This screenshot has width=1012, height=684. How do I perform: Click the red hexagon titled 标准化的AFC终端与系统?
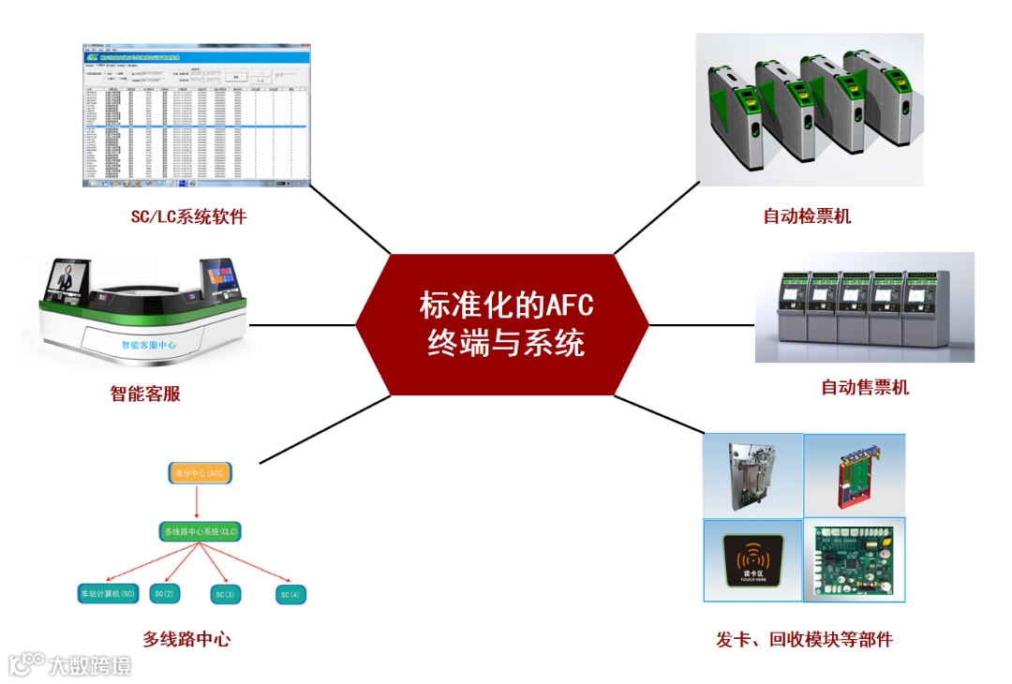tap(502, 324)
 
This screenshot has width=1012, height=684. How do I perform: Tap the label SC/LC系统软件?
tap(188, 217)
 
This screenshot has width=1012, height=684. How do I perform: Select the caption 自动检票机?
tap(807, 216)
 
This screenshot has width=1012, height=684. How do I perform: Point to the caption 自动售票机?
tap(864, 387)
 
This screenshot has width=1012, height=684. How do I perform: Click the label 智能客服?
tap(145, 394)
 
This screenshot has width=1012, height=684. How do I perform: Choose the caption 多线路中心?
tap(186, 639)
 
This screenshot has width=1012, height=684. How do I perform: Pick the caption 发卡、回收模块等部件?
tap(804, 640)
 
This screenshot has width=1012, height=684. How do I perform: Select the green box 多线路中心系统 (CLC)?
tap(201, 531)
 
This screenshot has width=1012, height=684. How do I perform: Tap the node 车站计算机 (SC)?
tap(109, 594)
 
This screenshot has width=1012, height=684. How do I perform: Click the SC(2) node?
tap(166, 594)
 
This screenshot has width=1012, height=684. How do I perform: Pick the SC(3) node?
tap(225, 594)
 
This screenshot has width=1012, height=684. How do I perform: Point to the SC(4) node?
tap(290, 594)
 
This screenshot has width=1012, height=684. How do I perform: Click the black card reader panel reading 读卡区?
tap(753, 560)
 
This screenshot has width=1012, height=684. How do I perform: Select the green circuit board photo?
tap(854, 559)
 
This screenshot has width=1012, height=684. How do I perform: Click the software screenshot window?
tap(195, 115)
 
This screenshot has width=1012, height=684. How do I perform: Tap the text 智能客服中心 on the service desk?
tap(149, 345)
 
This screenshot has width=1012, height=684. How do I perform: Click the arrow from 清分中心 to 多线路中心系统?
tap(198, 502)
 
